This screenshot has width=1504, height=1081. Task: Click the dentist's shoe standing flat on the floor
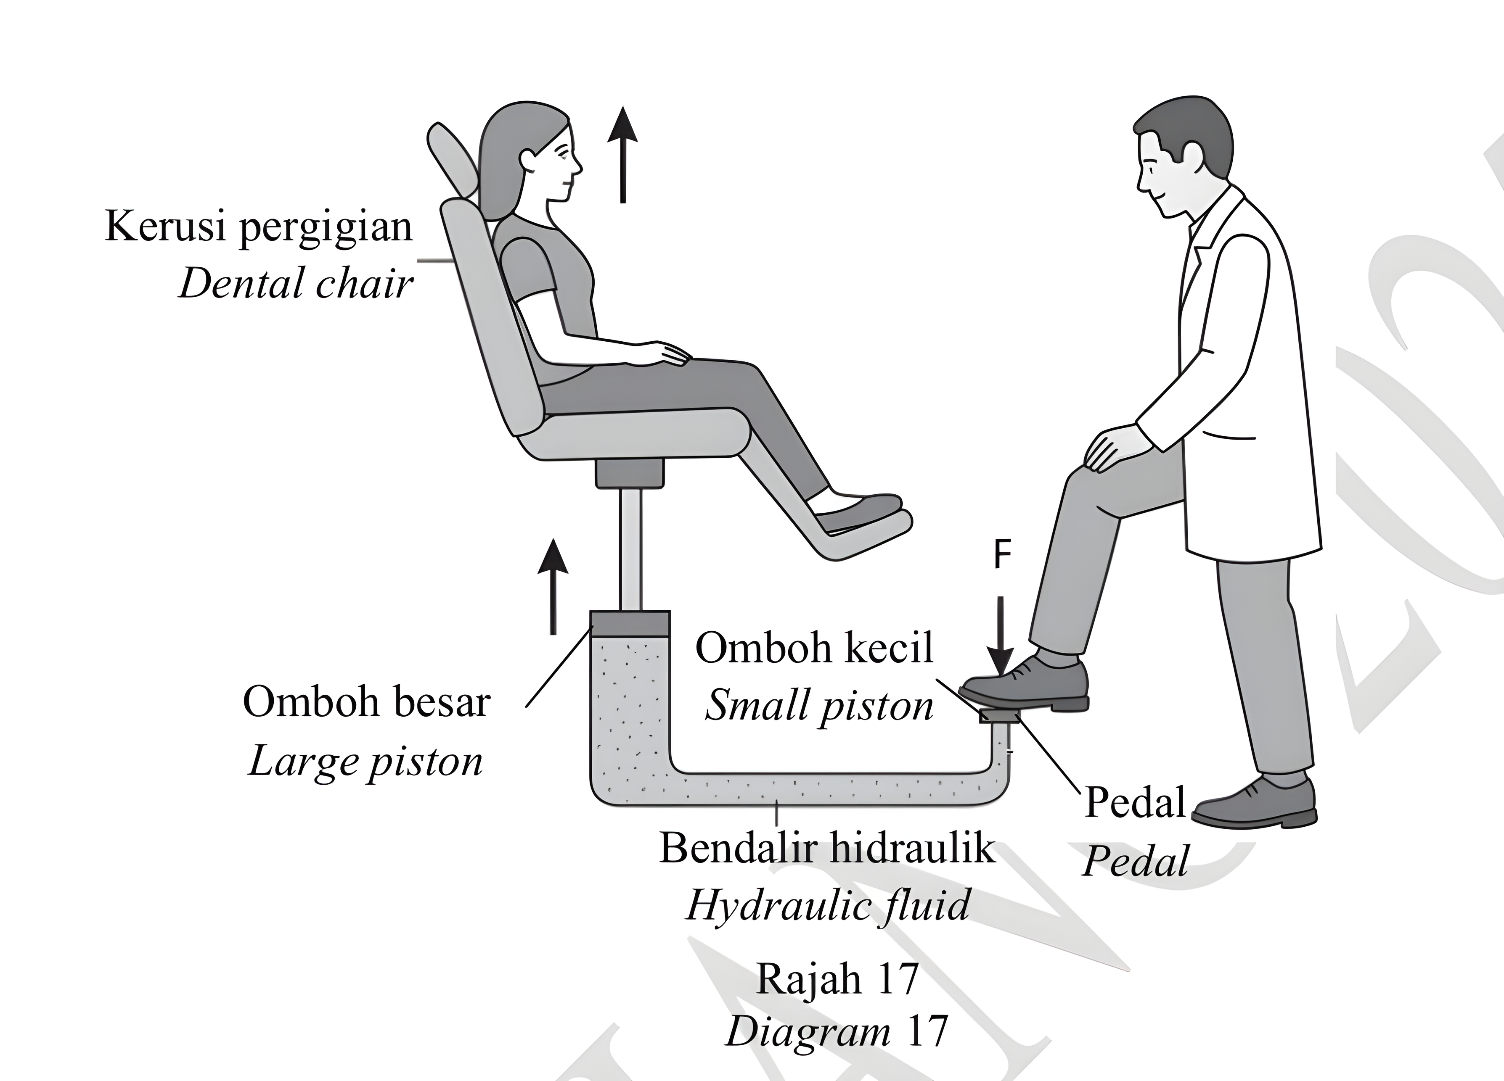pyautogui.click(x=1255, y=804)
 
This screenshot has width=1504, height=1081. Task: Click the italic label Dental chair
pyautogui.click(x=296, y=284)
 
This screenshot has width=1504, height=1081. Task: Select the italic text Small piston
pyautogui.click(x=820, y=707)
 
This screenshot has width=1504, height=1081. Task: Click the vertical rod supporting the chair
pyautogui.click(x=630, y=549)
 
